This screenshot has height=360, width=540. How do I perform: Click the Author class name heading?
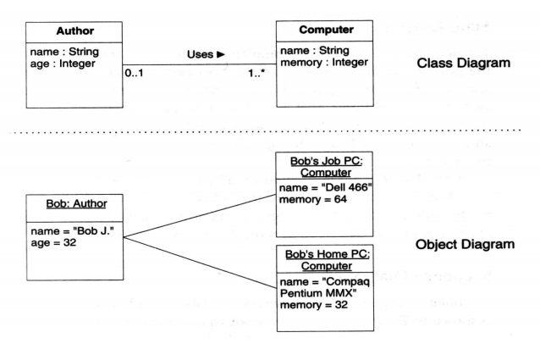coord(74,31)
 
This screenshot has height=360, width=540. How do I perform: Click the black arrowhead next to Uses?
coord(221,54)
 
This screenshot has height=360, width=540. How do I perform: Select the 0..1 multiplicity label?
coord(135,75)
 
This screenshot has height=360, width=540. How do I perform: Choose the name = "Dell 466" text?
coord(325,187)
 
